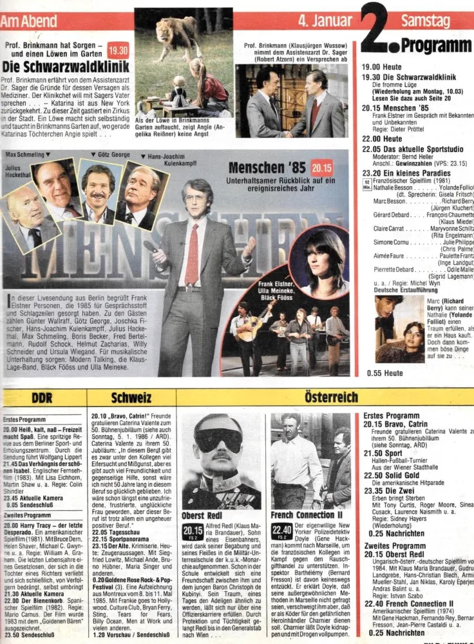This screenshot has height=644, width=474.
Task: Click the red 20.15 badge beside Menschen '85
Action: (321, 169)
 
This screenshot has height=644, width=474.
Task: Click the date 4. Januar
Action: (326, 20)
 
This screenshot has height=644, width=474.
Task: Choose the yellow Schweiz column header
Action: (131, 398)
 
